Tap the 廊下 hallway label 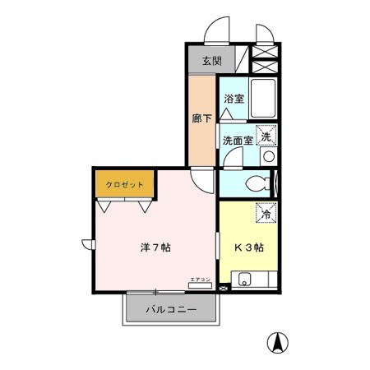tap(201, 118)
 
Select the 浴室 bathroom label tap(234, 99)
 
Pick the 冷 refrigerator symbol tap(266, 213)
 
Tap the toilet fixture tap(255, 183)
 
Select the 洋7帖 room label tap(154, 247)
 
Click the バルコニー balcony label tap(171, 311)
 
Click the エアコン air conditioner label tap(200, 280)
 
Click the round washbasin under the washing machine tap(268, 156)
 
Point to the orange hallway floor tap(201, 140)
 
